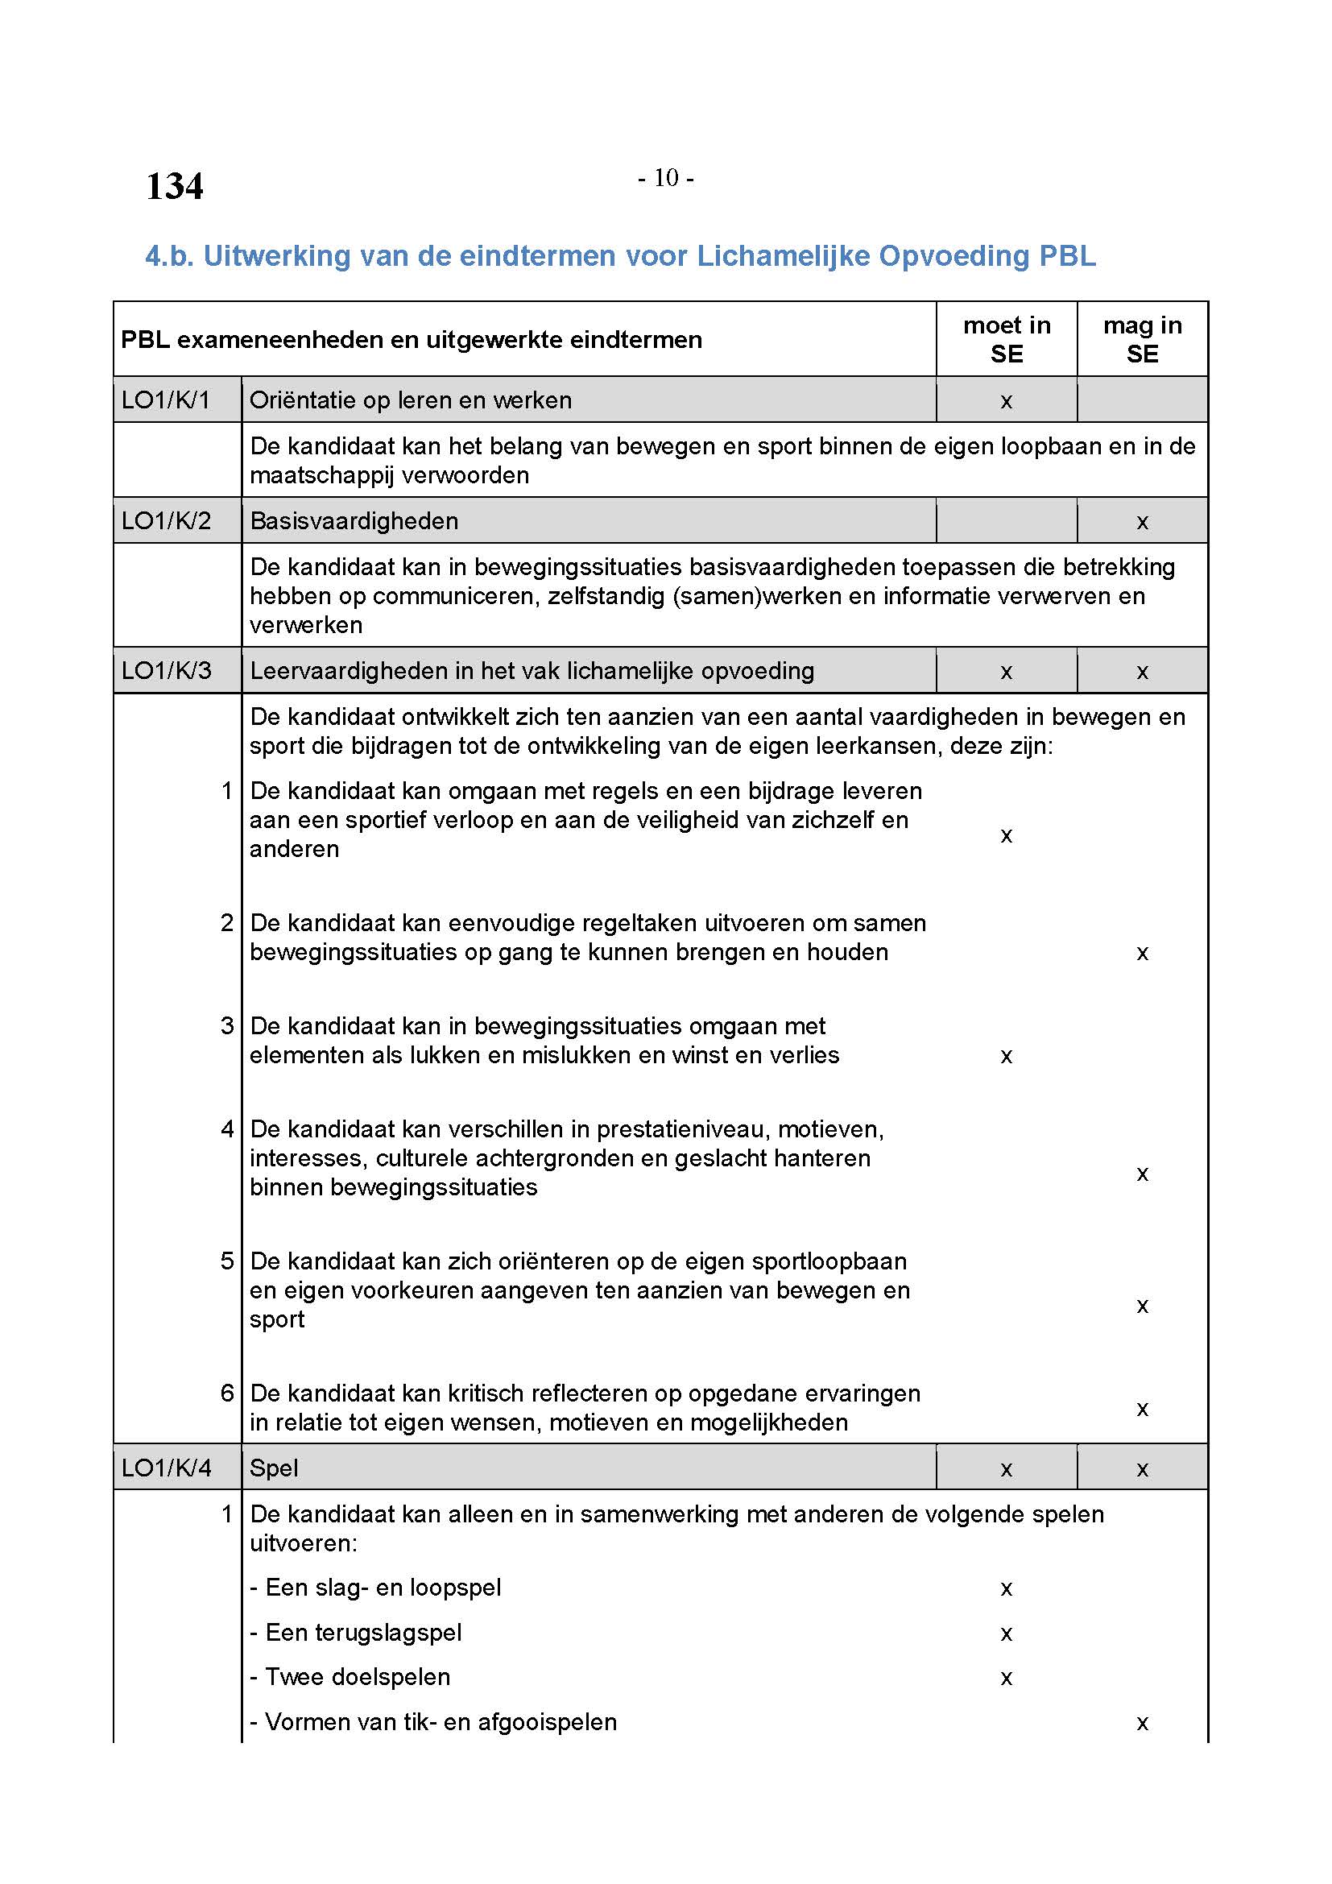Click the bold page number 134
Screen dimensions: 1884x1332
[x=174, y=186]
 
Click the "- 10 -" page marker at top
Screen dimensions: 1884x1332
[x=665, y=177]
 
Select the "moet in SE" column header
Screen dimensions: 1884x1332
[x=1007, y=339]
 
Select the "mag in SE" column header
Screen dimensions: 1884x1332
[x=1142, y=339]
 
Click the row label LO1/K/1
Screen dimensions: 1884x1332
[x=166, y=400]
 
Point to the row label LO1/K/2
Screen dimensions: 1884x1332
[x=166, y=521]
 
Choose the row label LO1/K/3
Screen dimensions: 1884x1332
[x=166, y=671]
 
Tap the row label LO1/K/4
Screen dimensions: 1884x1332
[x=166, y=1468]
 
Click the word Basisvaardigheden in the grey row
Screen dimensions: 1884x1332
[x=354, y=521]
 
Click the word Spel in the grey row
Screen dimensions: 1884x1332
[x=274, y=1468]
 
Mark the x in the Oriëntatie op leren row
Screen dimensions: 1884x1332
[x=1007, y=402]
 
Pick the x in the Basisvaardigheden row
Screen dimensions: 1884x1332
[x=1142, y=523]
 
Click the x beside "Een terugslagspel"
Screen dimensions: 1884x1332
[x=1007, y=1634]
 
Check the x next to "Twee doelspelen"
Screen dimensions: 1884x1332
[x=1007, y=1679]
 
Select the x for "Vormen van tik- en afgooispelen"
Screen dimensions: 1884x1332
[x=1142, y=1724]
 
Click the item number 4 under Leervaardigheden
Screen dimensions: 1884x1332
[x=227, y=1130]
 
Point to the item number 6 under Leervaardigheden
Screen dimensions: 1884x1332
[x=227, y=1393]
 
